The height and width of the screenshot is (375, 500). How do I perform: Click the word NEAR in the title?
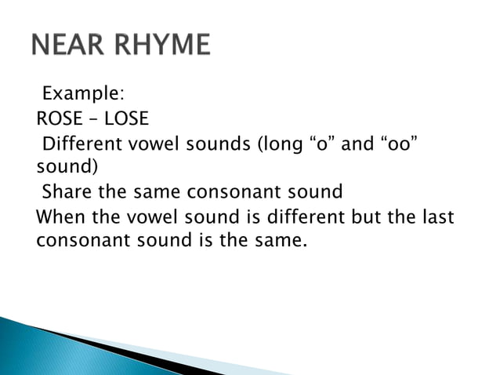71,45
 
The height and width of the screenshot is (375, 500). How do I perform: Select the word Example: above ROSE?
82,95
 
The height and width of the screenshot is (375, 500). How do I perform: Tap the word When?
58,217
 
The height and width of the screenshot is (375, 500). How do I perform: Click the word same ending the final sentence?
279,241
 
